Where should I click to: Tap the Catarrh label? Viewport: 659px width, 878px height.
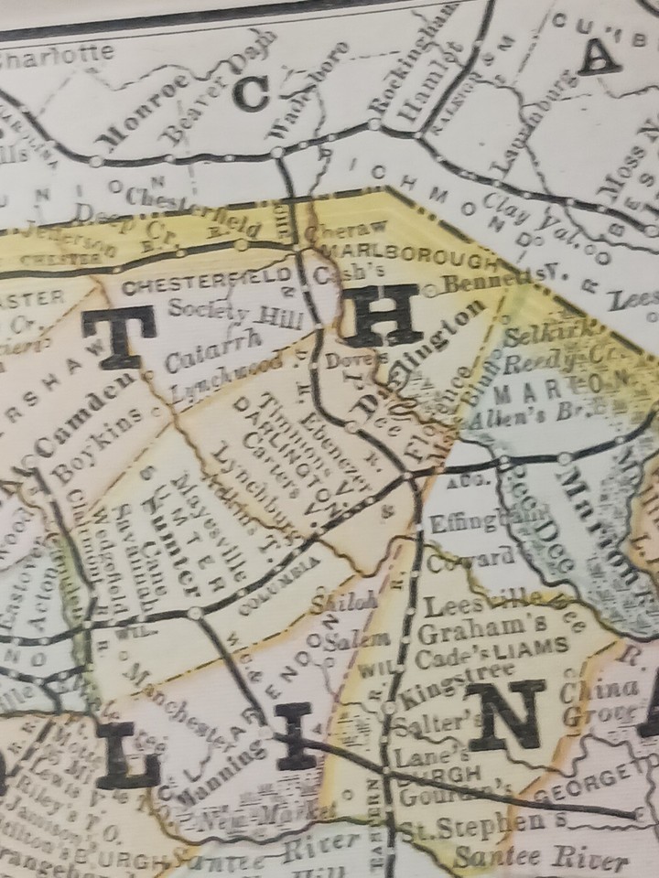(211, 352)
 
